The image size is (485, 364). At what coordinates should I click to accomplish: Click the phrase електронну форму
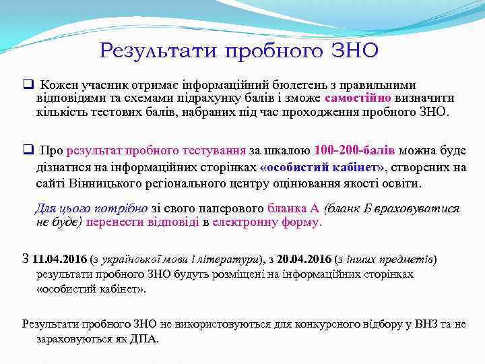tap(267, 222)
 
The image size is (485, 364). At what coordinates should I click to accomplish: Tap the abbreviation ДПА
tap(145, 338)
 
